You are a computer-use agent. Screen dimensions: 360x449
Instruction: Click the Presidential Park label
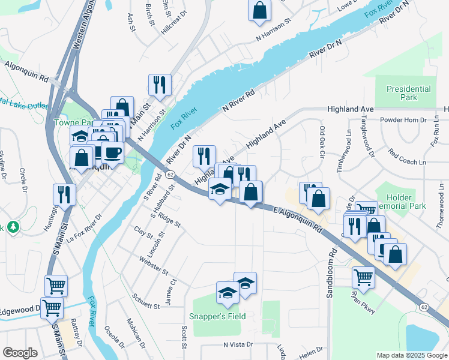coord(408,93)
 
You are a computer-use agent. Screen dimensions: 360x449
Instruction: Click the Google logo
coord(20,353)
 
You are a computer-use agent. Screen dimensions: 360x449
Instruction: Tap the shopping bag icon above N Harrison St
coord(259,10)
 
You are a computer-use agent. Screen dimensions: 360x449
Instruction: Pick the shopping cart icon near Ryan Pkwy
coord(363,277)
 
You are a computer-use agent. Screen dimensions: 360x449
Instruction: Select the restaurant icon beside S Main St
coord(64,194)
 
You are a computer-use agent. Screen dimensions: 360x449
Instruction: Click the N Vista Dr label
coord(238,345)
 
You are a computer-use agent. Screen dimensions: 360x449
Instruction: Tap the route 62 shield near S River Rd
coord(170,174)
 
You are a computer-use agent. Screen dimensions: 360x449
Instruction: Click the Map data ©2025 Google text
coord(411,355)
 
